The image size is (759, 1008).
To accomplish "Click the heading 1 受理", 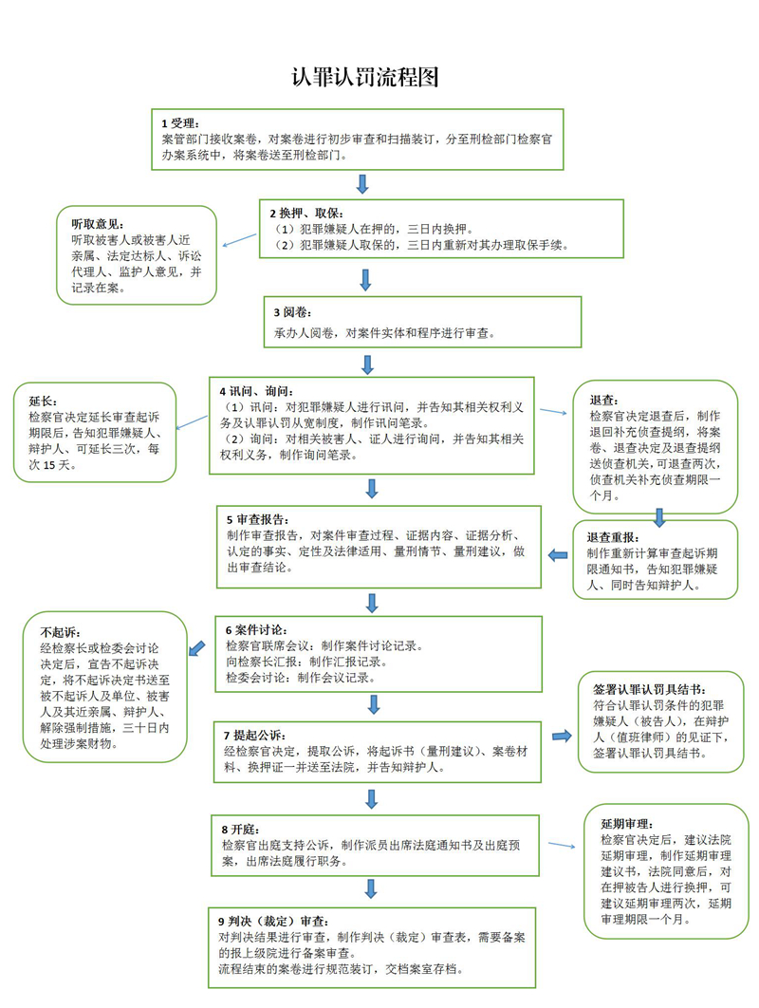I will point(179,123).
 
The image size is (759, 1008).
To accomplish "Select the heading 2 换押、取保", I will point(302,213).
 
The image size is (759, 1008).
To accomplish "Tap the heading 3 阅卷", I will point(290,311).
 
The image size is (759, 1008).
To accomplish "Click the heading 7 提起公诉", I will point(253,735).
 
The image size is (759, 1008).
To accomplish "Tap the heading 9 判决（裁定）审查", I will point(273,921).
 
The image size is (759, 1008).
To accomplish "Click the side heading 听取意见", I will point(98,224).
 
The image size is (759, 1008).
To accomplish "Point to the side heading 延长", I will point(45,401).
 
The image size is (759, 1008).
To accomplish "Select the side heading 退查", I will point(604,399).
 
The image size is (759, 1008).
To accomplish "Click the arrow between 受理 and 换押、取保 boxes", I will point(362,183).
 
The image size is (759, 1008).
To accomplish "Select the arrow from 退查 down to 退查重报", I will point(658,516).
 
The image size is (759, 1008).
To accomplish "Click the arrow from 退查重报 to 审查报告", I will point(559,555).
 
